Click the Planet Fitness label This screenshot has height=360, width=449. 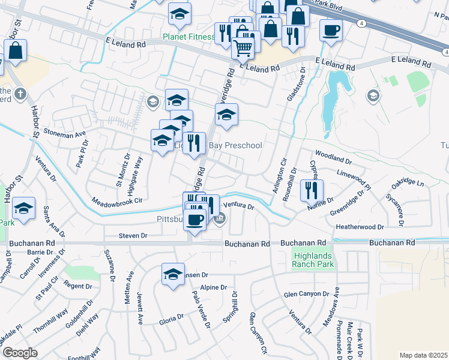point(188,37)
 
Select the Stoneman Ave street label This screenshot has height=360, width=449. point(65,134)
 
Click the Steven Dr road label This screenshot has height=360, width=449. point(133,236)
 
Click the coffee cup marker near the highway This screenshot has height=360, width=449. point(330,30)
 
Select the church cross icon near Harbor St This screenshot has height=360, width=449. point(20,94)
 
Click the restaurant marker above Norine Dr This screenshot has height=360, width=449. point(312,190)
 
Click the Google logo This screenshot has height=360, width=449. point(19,353)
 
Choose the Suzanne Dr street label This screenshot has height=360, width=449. point(110,265)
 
